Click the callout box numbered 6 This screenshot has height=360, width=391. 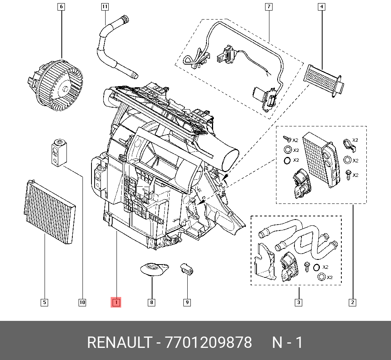61,7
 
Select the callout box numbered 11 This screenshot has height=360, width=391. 105,7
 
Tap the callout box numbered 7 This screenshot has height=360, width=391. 269,7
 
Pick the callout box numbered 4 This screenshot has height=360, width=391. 322,7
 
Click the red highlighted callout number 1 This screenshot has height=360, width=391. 116,302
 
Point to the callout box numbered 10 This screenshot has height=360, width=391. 82,302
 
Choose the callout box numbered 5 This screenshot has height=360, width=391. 45,302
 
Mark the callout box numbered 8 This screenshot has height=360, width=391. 151,302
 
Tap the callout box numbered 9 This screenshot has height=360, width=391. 187,302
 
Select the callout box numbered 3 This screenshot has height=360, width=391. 298,302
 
